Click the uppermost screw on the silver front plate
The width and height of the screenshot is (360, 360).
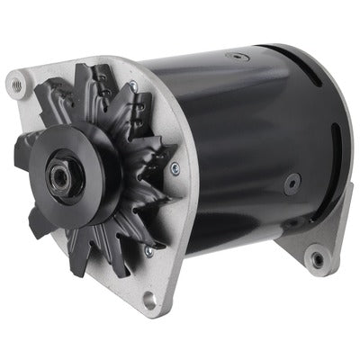point(133,85)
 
